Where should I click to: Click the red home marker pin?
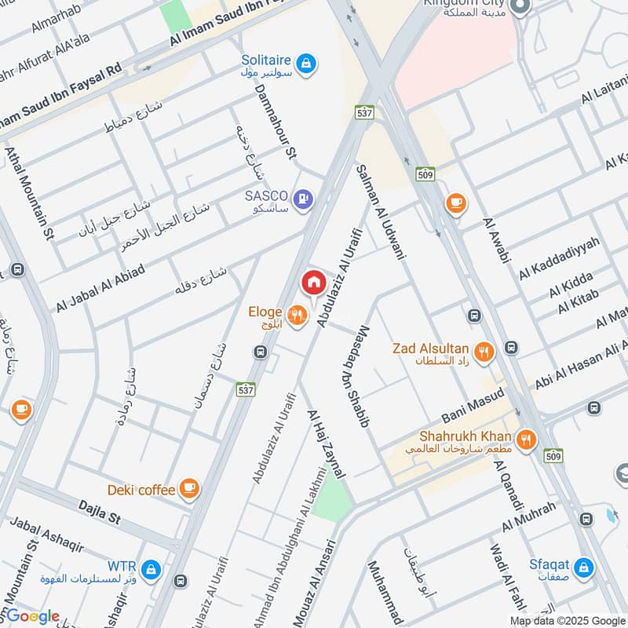pyautogui.click(x=313, y=282)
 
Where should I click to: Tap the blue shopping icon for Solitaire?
pyautogui.click(x=307, y=62)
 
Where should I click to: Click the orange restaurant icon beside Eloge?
pyautogui.click(x=296, y=316)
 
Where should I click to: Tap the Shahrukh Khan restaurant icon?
pyautogui.click(x=526, y=440)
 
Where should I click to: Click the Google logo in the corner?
pyautogui.click(x=31, y=616)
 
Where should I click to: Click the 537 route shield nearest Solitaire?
pyautogui.click(x=363, y=112)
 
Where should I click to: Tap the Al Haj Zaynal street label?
pyautogui.click(x=327, y=444)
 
